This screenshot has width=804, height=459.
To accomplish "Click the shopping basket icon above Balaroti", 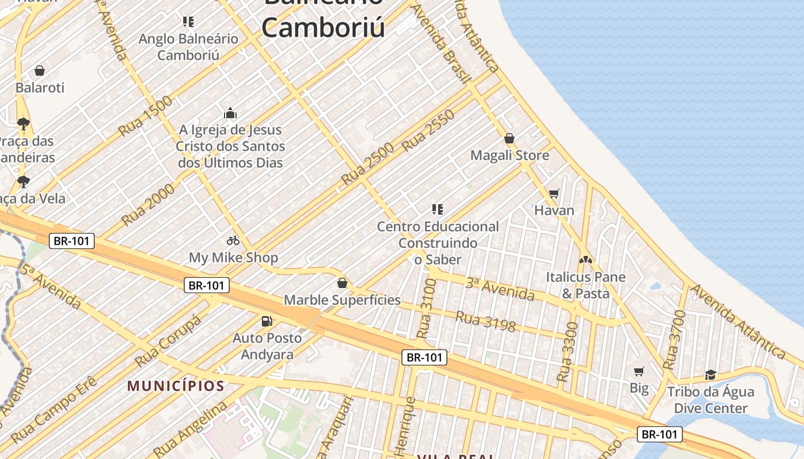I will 40,71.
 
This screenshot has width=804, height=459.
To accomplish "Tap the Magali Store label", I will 509,155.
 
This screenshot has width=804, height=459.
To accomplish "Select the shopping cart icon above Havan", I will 554,194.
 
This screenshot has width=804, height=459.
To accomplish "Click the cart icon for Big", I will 639,371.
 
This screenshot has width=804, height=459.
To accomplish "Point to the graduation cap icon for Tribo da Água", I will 710,375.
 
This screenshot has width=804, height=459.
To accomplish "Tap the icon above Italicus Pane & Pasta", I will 585,260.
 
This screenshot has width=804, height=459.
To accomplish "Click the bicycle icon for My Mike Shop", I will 233,240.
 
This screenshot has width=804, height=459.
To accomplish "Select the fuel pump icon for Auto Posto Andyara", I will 266,321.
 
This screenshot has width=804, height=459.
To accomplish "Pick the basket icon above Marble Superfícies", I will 342,283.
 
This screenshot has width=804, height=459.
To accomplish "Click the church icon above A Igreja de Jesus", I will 230,113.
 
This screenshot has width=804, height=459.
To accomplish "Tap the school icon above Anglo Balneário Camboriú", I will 188,22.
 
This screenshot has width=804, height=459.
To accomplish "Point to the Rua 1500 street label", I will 146,116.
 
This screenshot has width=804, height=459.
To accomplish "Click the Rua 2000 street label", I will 148,204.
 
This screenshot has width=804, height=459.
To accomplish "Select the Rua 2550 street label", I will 428,131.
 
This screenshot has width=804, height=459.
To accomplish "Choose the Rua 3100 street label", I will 426,308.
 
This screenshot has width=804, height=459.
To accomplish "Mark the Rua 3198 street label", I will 485,321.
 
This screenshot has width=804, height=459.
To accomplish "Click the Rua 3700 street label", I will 674,340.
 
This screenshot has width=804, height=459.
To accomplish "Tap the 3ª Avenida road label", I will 500,289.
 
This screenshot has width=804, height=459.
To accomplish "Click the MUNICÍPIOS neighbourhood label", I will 176,386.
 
